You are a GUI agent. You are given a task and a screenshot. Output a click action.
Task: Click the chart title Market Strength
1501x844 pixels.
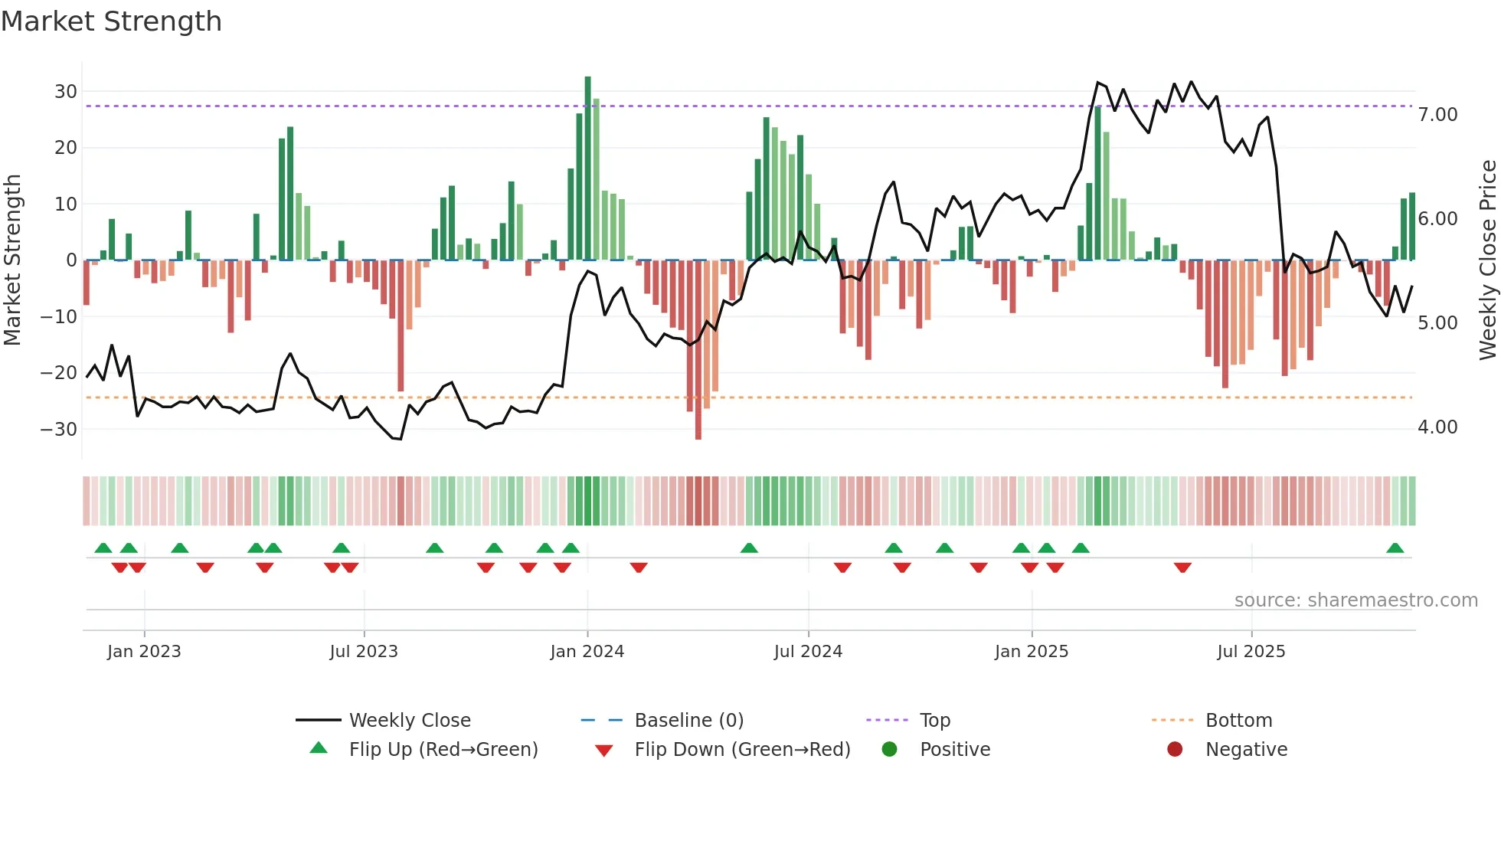pyautogui.click(x=111, y=21)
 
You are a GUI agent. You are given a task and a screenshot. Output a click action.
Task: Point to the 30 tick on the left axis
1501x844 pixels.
pyautogui.click(x=66, y=92)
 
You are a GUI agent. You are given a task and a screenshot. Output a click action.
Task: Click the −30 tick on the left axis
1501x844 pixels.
pyautogui.click(x=60, y=429)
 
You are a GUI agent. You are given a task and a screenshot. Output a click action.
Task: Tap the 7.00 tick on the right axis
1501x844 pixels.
pyautogui.click(x=1437, y=115)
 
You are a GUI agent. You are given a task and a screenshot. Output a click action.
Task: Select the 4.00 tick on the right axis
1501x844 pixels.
pyautogui.click(x=1437, y=427)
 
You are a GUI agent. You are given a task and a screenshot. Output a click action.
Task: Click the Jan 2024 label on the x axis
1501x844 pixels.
pyautogui.click(x=587, y=652)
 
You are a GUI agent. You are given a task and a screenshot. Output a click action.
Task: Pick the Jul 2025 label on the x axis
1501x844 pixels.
pyautogui.click(x=1251, y=652)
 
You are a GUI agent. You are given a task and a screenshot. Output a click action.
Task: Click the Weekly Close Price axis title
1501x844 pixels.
pyautogui.click(x=1487, y=260)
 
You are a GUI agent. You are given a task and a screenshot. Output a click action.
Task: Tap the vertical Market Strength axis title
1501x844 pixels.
pyautogui.click(x=12, y=260)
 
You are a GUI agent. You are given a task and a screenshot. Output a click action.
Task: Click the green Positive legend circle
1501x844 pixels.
pyautogui.click(x=889, y=749)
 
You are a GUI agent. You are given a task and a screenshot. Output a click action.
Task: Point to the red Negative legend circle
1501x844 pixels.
pyautogui.click(x=1175, y=749)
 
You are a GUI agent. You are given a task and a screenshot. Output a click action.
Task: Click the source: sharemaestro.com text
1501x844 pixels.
pyautogui.click(x=1355, y=600)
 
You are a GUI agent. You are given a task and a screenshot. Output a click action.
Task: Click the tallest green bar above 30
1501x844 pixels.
pyautogui.click(x=587, y=168)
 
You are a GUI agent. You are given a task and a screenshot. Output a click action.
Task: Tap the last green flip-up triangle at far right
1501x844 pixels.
pyautogui.click(x=1395, y=548)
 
